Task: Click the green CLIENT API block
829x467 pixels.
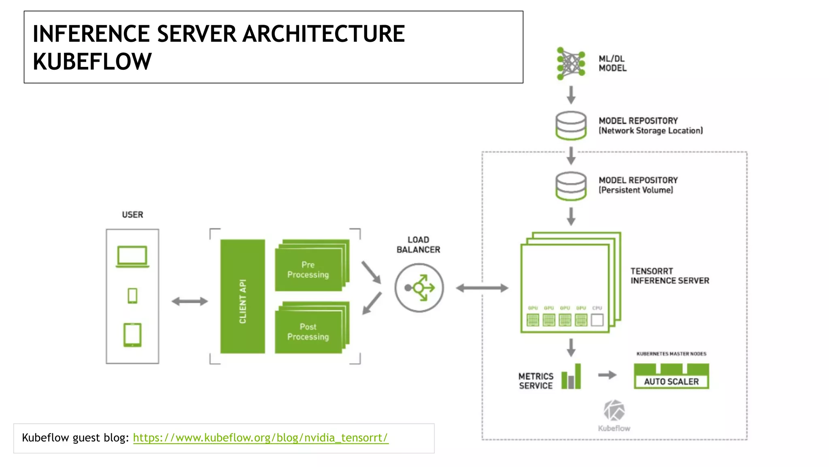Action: pos(242,296)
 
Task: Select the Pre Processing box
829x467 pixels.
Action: pos(308,270)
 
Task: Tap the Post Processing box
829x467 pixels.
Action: pos(308,332)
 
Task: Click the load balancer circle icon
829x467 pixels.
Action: pos(419,288)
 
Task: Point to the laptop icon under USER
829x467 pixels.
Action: pos(132,256)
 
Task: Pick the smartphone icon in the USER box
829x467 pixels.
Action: pos(132,296)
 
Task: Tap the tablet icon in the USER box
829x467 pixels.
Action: pos(132,335)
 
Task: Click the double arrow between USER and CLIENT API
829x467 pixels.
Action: pos(189,301)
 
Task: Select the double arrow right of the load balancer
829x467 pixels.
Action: pos(482,288)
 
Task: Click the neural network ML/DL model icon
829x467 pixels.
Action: pos(571,64)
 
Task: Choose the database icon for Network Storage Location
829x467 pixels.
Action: pos(571,126)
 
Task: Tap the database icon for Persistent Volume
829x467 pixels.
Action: pos(571,186)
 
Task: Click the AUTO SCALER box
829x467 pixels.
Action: pos(671,381)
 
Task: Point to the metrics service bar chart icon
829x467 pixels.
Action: pos(571,377)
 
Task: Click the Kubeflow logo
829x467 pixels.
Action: pos(614,411)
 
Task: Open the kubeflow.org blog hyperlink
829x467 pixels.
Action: pos(260,438)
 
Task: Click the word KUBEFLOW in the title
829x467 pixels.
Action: pos(92,62)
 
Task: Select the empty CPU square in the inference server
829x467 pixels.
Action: pos(597,320)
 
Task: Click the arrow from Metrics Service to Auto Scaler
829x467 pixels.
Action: pos(607,375)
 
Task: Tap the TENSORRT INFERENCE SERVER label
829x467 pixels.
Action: pos(670,276)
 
